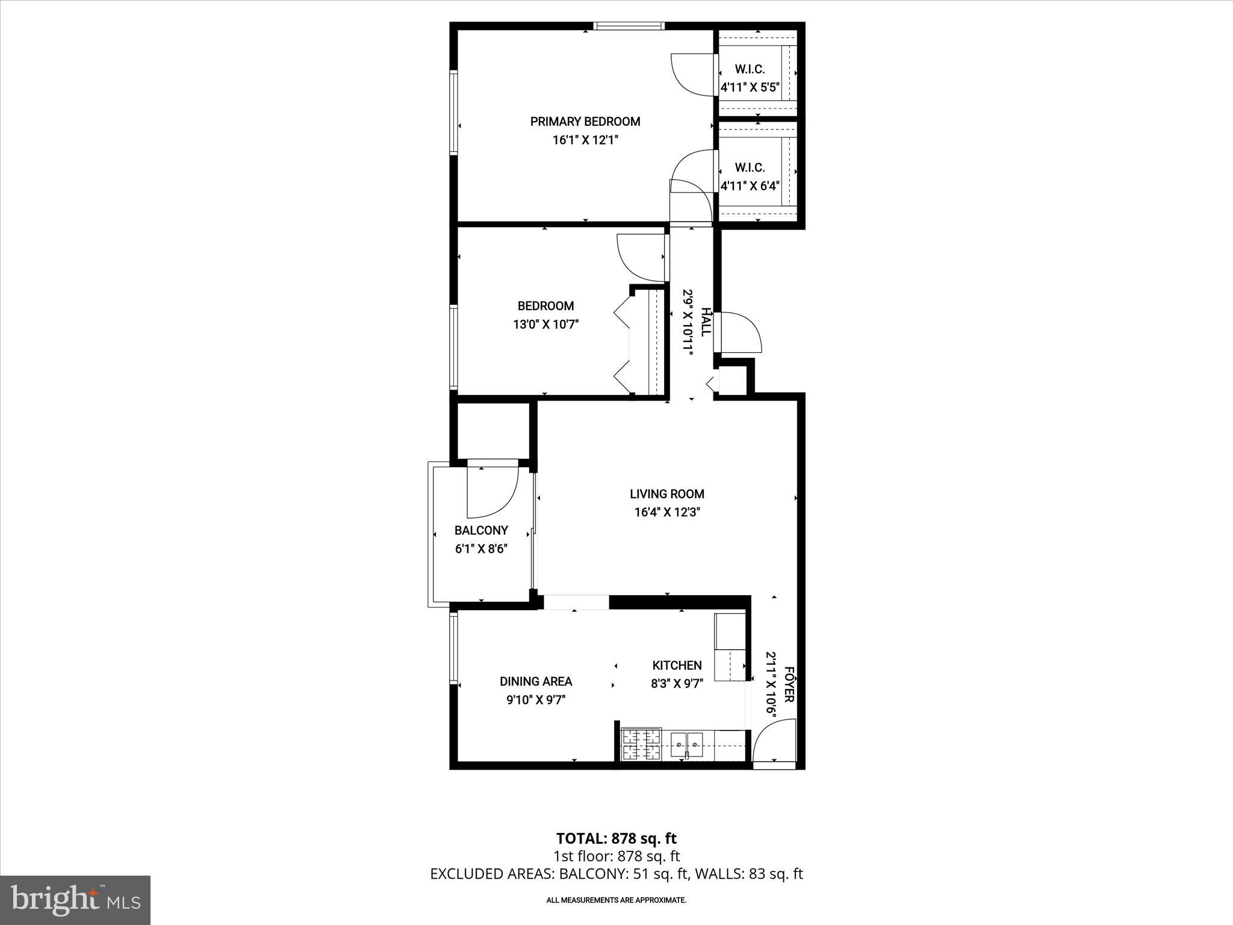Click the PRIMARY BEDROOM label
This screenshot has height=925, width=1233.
click(x=585, y=122)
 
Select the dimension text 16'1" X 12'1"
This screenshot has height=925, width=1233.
click(x=585, y=140)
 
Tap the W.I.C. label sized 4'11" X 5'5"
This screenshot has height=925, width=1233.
click(x=750, y=69)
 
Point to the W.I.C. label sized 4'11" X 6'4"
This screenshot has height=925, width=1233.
click(x=750, y=167)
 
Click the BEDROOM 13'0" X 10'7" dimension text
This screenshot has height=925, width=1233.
click(x=545, y=325)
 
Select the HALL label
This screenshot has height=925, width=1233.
click(x=706, y=322)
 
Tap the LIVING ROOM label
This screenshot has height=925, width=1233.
click(x=666, y=494)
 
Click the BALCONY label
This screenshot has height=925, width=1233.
click(x=481, y=531)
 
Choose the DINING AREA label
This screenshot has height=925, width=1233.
click(x=536, y=681)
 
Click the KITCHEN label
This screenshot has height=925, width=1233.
click(x=677, y=665)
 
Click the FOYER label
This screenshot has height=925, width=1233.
click(x=789, y=684)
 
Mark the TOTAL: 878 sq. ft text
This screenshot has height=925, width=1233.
click(x=616, y=838)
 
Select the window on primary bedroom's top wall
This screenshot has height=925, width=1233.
click(x=628, y=26)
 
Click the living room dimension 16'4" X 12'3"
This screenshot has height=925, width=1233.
click(x=666, y=512)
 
